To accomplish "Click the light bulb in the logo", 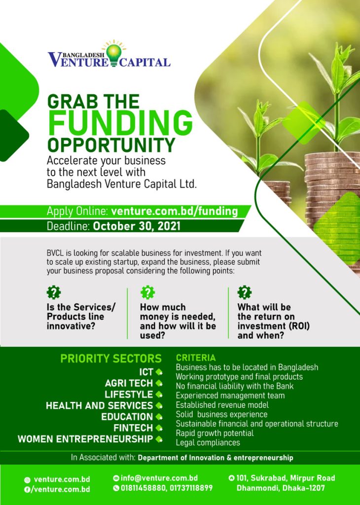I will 113,53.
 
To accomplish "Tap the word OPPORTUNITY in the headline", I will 111,145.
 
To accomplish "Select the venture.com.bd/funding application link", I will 175,212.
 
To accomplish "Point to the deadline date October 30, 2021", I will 137,227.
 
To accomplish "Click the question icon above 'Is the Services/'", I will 54,292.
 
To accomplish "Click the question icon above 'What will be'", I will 245,292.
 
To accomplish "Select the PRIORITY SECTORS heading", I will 111,359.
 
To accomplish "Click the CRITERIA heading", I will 196,358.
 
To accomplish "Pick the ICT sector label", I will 146,372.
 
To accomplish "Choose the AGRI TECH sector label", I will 129,383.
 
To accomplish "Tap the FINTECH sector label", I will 133,428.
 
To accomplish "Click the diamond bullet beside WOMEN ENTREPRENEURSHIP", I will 159,438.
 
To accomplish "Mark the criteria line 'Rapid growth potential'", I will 215,433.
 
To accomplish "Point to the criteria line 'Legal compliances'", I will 208,442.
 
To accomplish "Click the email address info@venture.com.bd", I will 159,478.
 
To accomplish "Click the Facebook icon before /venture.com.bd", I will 27,489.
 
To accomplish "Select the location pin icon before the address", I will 231,478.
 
